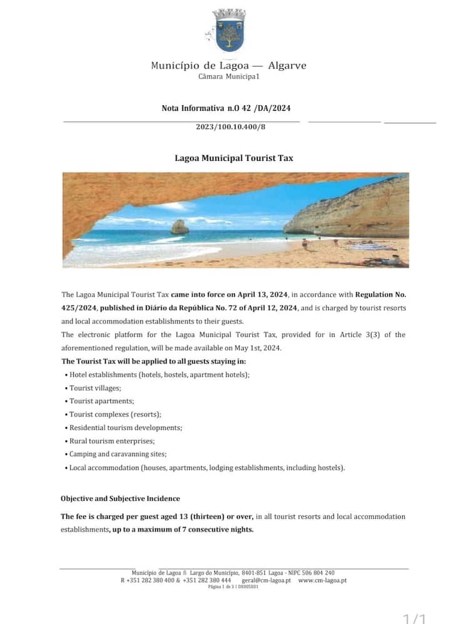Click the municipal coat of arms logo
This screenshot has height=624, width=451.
[x=229, y=31]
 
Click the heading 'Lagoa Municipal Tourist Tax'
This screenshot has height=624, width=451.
[x=234, y=158]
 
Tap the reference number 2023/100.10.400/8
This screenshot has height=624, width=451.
[x=231, y=127]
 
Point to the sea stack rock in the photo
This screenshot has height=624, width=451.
[x=180, y=227]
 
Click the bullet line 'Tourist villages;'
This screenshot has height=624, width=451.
[x=95, y=388]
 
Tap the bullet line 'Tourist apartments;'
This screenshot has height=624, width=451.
[x=101, y=401]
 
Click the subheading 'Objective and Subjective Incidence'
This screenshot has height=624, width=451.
[x=120, y=499]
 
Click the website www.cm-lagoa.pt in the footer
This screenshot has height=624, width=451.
[x=323, y=580]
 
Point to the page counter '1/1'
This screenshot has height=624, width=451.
[x=414, y=618]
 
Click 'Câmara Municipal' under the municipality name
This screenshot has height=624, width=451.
[x=228, y=77]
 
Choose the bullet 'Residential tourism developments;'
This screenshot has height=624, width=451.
[x=126, y=428]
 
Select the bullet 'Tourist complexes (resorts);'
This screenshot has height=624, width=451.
[x=115, y=414]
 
